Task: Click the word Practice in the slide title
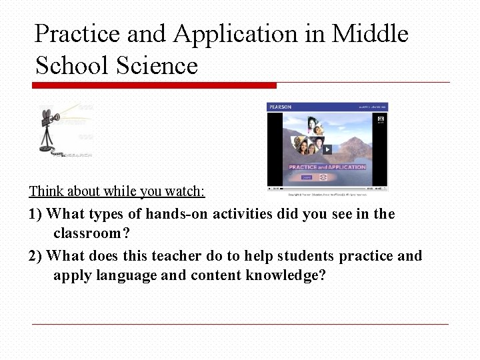77,33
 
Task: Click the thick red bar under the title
154,85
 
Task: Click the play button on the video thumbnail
327,149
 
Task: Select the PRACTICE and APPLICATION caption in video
327,167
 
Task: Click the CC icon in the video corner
381,119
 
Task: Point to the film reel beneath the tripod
49,149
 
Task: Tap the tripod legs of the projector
49,136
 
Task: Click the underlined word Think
46,191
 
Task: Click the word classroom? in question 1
91,234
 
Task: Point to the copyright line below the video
327,195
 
